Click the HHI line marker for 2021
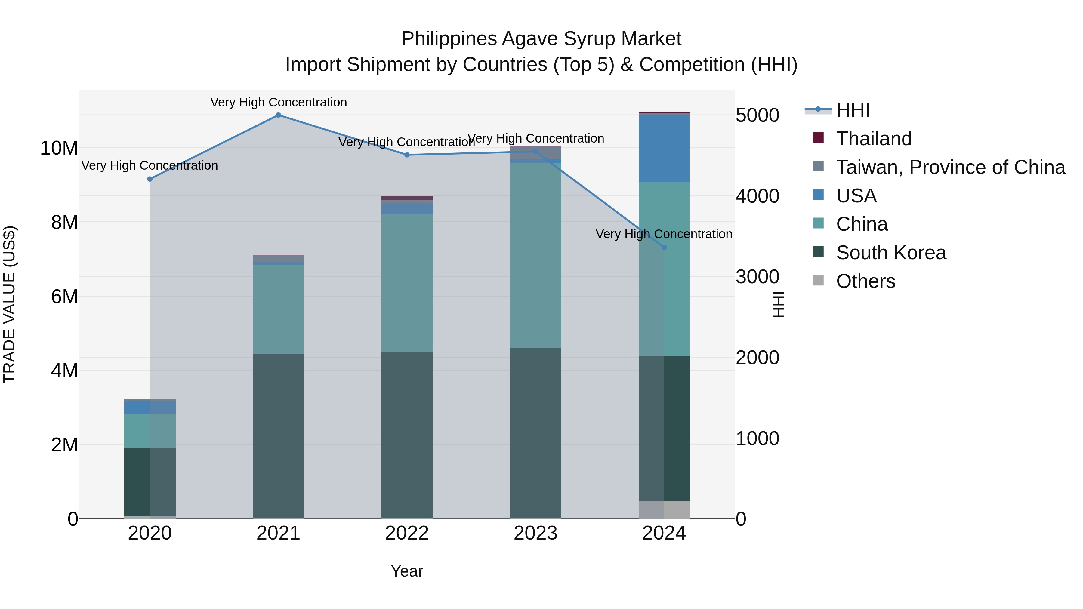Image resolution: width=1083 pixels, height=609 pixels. point(278,115)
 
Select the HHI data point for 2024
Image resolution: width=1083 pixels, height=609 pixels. point(664,247)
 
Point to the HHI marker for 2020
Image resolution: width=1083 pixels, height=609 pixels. point(150,179)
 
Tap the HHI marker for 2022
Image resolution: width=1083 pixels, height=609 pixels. point(407,155)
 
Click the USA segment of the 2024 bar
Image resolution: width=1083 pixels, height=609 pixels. point(664,148)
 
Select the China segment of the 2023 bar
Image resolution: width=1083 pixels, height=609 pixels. point(535,256)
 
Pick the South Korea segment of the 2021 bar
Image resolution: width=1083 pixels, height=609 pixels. point(278,435)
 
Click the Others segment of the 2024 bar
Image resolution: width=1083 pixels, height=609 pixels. point(664,509)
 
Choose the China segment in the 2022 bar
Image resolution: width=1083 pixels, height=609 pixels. point(407,283)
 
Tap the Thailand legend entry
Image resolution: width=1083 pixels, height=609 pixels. point(874,139)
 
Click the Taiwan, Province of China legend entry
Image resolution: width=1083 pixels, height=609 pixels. point(950,167)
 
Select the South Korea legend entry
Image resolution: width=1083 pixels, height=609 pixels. point(890,253)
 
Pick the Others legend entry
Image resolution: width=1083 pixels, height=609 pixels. point(865,281)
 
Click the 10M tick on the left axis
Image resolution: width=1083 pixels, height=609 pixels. point(59,148)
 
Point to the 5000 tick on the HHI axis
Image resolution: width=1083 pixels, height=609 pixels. point(757,115)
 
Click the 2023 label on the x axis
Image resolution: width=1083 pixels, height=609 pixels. point(535,533)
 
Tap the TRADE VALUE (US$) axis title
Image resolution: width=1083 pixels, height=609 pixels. point(10,304)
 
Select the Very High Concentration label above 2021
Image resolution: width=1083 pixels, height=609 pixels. point(278,102)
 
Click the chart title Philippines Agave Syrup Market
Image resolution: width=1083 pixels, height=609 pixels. point(541,39)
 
